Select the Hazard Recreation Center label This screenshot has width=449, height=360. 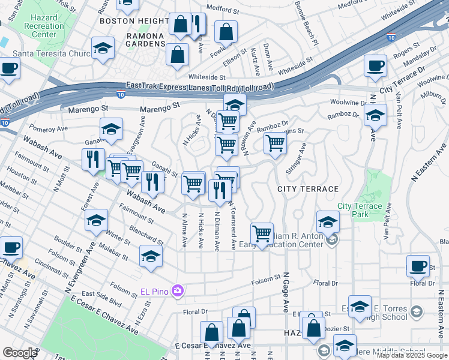(x=44, y=26)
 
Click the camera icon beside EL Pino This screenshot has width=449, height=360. (x=177, y=291)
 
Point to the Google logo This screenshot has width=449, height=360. (x=20, y=353)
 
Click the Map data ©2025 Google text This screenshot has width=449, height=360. (x=412, y=355)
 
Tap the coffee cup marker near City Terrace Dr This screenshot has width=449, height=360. (x=375, y=66)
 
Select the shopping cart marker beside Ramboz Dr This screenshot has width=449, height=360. (x=275, y=143)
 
